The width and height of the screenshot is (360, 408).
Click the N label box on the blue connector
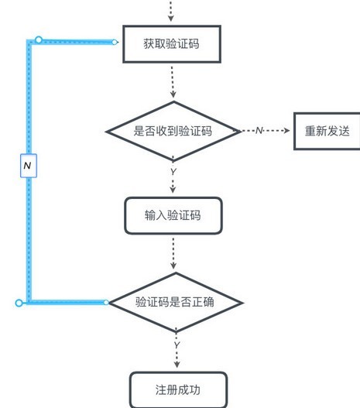click(x=29, y=166)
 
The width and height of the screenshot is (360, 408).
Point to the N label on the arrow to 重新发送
click(x=259, y=130)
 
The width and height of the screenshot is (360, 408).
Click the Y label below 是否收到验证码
click(x=173, y=171)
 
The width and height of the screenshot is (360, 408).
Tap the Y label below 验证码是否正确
click(x=177, y=345)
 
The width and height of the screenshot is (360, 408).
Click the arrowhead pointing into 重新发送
click(x=286, y=130)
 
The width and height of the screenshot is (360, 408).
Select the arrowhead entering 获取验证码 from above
click(x=170, y=19)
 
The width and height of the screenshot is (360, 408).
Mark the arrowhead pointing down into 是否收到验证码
click(x=173, y=94)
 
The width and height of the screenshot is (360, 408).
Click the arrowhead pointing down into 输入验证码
click(x=173, y=190)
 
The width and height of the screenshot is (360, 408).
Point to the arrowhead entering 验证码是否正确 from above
click(x=173, y=266)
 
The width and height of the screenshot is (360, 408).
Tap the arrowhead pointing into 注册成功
click(x=177, y=365)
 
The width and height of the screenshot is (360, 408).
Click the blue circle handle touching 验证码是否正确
click(x=106, y=303)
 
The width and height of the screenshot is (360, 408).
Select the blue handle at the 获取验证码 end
click(x=114, y=42)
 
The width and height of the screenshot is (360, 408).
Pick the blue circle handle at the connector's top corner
click(x=39, y=39)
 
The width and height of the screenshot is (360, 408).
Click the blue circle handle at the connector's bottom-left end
click(x=19, y=303)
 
